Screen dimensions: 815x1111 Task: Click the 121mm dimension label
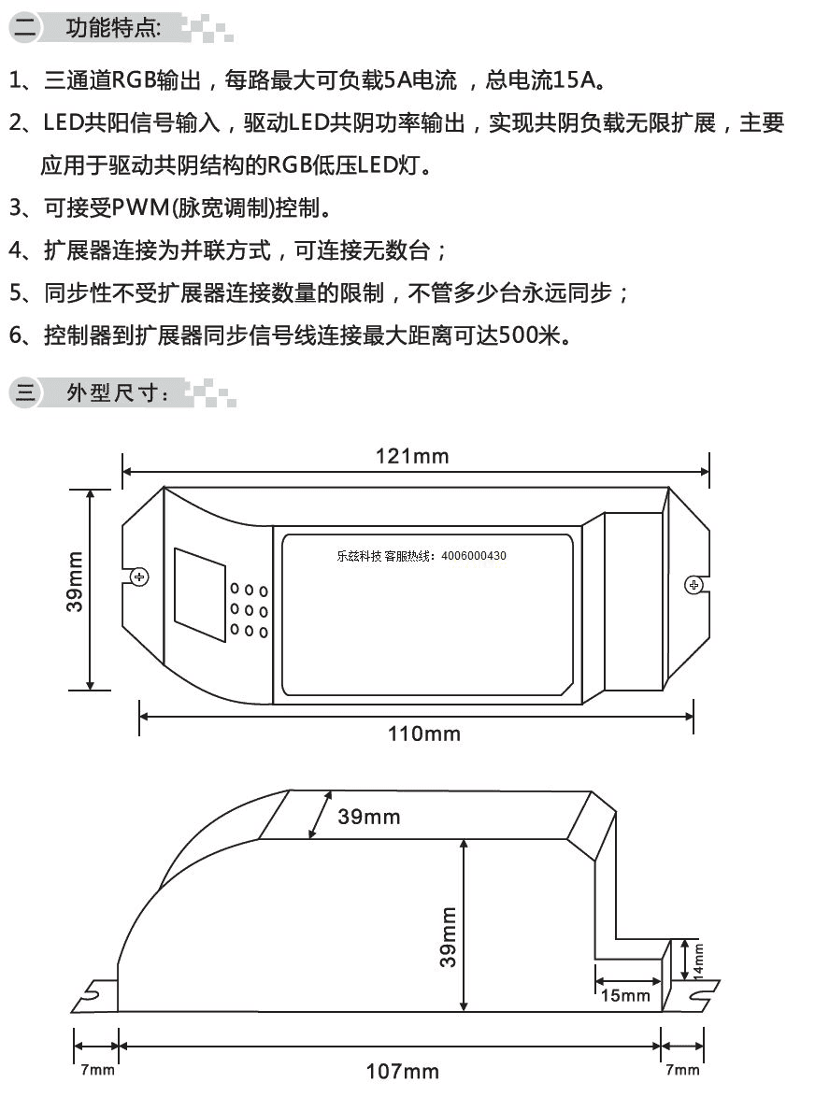tap(412, 456)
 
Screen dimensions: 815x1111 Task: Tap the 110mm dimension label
tap(423, 734)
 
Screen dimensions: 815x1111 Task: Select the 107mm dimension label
tap(402, 1072)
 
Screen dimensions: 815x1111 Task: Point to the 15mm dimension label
tap(625, 995)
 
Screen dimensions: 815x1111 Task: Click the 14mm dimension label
tap(698, 961)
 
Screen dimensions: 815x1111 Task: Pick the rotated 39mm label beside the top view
tap(75, 582)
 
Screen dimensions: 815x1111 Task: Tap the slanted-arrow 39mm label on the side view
tap(368, 817)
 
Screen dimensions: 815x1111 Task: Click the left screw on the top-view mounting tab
tap(139, 577)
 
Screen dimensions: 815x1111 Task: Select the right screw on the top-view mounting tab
tap(693, 585)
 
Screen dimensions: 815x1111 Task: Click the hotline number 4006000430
tap(474, 556)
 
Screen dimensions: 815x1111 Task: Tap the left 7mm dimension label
tap(97, 1070)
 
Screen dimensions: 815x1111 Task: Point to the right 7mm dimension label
tap(682, 1070)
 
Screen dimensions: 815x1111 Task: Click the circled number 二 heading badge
tap(25, 28)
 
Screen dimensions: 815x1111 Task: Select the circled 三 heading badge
tap(25, 392)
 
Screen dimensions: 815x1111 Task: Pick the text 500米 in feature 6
tap(529, 335)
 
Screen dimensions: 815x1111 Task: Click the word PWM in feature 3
tap(141, 207)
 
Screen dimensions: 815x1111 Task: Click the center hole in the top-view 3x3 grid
tap(249, 610)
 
